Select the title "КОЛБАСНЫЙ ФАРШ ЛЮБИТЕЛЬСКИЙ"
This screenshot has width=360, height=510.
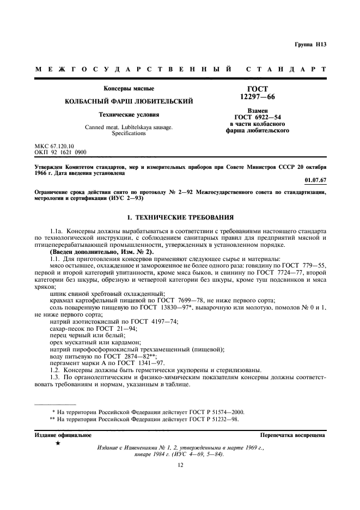129,101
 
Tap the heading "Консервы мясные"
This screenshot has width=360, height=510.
129,88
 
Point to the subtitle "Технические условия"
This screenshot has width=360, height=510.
129,114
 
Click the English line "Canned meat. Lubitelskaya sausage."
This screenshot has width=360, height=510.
129,126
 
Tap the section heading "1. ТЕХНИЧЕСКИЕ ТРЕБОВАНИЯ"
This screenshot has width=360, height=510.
180,216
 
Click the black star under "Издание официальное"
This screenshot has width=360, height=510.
58,444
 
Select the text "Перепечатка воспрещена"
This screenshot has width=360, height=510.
292,435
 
